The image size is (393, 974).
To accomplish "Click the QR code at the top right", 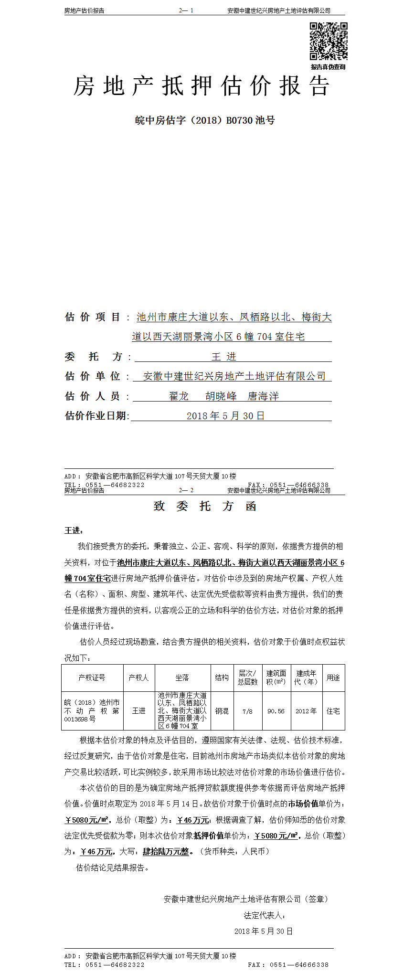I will [x=328, y=41].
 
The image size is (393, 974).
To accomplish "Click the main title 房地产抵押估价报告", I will [x=201, y=86].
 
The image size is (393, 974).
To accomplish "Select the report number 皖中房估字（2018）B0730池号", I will [x=205, y=120].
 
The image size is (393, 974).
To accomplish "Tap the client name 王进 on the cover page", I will [x=224, y=357].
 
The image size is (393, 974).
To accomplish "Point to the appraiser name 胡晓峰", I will [x=221, y=396].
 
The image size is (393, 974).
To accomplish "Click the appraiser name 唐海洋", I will [x=263, y=396].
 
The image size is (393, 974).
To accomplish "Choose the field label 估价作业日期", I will [x=96, y=416].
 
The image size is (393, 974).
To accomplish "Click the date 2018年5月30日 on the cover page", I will [x=225, y=416].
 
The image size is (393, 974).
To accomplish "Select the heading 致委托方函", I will [x=205, y=506].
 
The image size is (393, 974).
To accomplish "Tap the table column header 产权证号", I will [x=92, y=678].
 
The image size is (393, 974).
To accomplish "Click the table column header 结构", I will [x=222, y=678].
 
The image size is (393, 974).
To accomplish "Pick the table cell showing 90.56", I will [x=276, y=711].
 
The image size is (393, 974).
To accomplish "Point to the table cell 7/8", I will [x=247, y=711].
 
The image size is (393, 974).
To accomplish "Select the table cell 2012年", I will [x=306, y=711].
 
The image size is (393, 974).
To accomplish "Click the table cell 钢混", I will [x=222, y=711].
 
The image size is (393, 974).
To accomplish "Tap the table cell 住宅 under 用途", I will [x=333, y=711].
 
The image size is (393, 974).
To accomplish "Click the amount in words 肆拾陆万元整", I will [x=166, y=851].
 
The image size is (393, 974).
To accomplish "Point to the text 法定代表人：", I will [x=265, y=915].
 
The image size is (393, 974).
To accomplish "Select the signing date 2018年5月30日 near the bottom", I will [x=263, y=931].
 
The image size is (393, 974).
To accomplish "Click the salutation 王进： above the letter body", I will [x=74, y=530].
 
